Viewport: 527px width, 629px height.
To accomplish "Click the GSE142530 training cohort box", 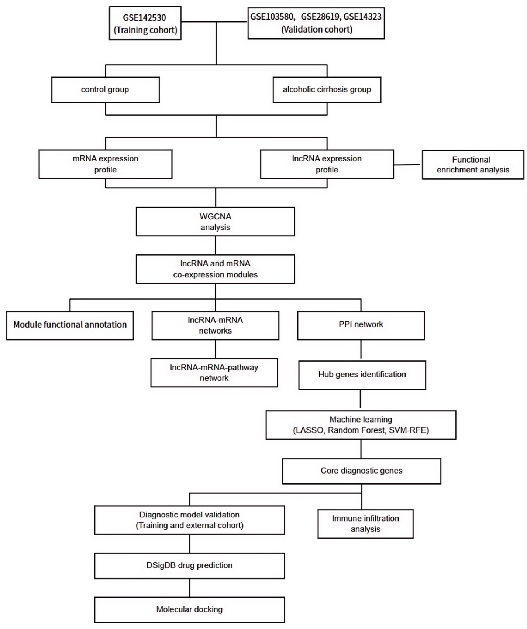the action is pyautogui.click(x=145, y=23).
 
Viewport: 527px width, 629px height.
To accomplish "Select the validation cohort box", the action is pyautogui.click(x=316, y=23).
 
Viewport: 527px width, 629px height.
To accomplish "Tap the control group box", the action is pyautogui.click(x=106, y=90).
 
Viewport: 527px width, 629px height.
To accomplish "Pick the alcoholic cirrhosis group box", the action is pyautogui.click(x=327, y=90).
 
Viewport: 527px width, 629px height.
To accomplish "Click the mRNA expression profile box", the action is pyautogui.click(x=106, y=164).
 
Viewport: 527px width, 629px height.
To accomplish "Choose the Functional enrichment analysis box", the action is pyautogui.click(x=473, y=165).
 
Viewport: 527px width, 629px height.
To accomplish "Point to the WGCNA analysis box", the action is pyautogui.click(x=216, y=222).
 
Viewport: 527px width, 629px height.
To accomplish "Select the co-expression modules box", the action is pyautogui.click(x=216, y=269).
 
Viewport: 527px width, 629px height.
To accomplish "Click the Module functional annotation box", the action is pyautogui.click(x=70, y=325).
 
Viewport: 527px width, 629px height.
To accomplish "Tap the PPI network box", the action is pyautogui.click(x=361, y=325).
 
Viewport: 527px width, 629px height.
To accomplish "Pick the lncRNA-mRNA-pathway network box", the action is pyautogui.click(x=214, y=372).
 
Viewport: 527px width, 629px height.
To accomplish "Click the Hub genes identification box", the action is pyautogui.click(x=362, y=375).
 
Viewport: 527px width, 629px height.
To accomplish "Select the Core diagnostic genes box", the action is pyautogui.click(x=362, y=471).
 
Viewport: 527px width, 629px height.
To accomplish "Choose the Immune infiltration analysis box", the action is pyautogui.click(x=365, y=524).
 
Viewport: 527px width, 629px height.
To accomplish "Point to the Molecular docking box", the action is pyautogui.click(x=189, y=610).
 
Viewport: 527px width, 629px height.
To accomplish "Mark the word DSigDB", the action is pyautogui.click(x=163, y=565).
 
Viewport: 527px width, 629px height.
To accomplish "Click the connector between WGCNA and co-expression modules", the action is pyautogui.click(x=216, y=245).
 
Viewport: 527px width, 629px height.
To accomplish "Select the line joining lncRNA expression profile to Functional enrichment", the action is pyautogui.click(x=408, y=164).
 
